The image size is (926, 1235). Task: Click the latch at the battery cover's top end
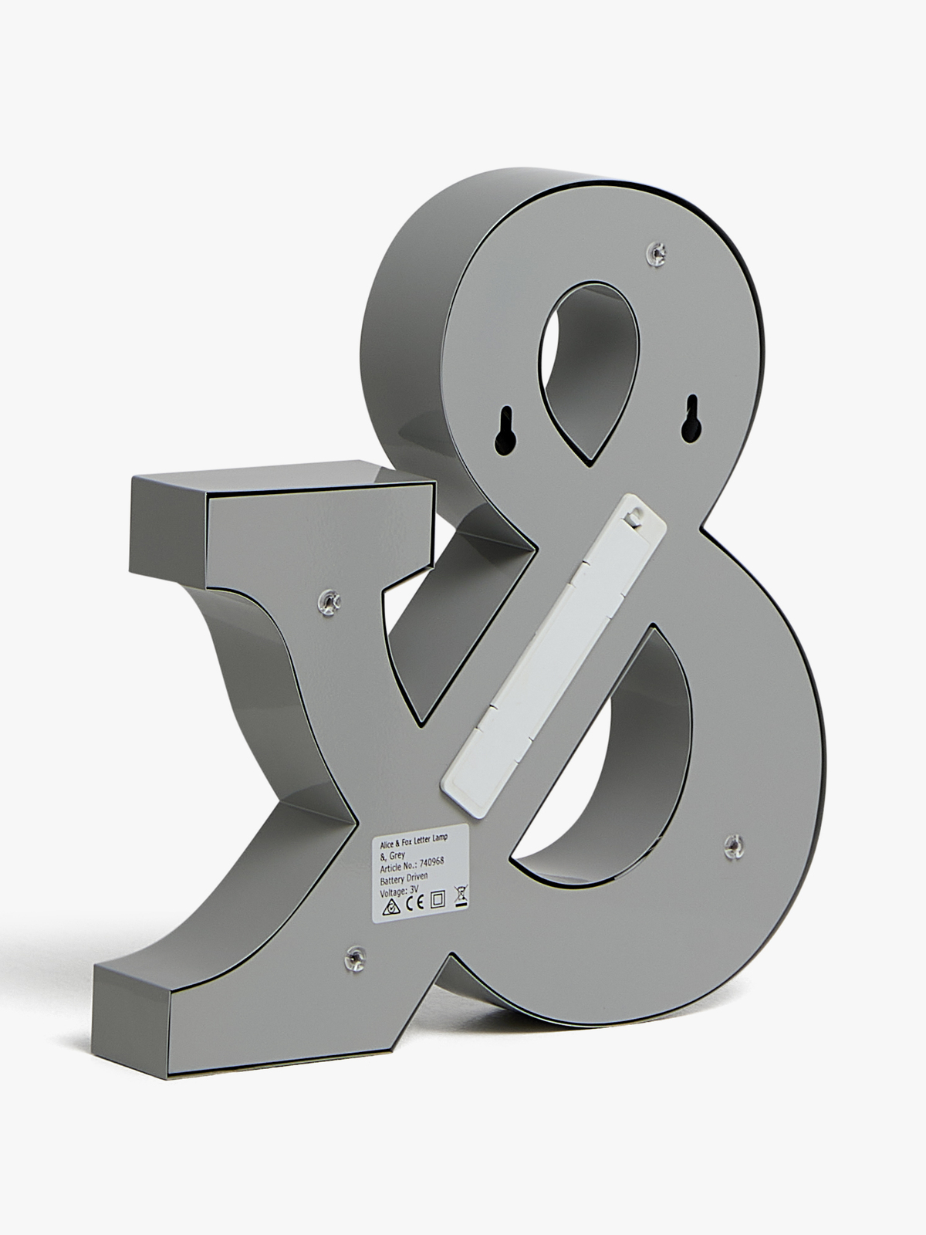(x=634, y=515)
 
